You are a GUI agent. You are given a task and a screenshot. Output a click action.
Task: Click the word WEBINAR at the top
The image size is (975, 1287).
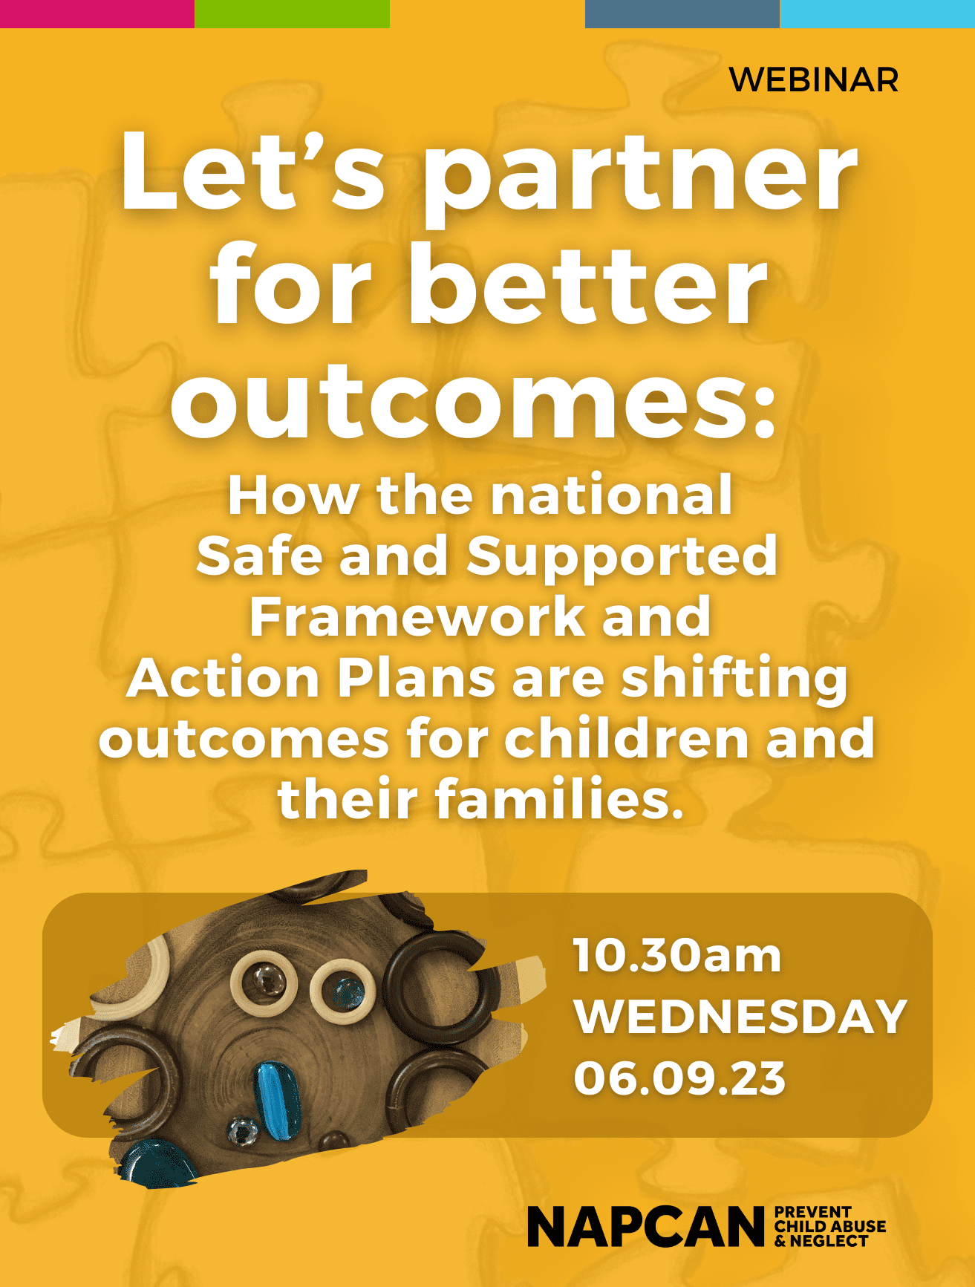(814, 80)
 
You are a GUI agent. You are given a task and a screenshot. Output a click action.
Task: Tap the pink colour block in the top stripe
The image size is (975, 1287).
(97, 13)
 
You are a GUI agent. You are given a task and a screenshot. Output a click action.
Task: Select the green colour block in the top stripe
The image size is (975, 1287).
(292, 13)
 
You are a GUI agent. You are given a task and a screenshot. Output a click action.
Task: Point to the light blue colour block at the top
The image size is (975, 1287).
(877, 13)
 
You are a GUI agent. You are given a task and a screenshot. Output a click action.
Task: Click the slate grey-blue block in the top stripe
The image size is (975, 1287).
(682, 13)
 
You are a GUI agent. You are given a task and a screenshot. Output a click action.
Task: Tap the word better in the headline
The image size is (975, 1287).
(587, 286)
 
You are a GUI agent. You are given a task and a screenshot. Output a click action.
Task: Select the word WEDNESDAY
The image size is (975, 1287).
(740, 1017)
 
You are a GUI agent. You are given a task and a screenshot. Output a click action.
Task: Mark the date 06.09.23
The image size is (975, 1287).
(679, 1078)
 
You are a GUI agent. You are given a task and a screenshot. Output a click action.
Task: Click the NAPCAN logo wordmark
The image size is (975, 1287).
(645, 1227)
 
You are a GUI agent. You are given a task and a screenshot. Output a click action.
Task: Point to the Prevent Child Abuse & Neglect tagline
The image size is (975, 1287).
(829, 1226)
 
